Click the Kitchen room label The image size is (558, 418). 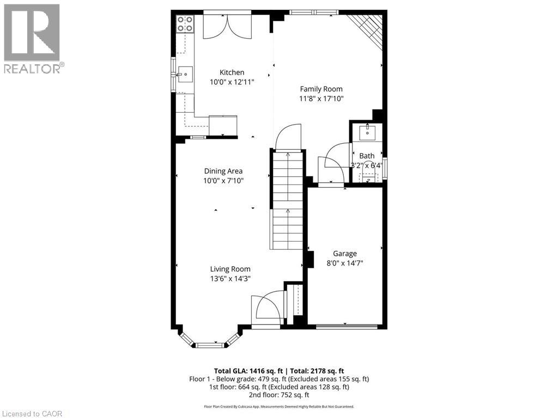click(x=232, y=72)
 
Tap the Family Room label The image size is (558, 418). click(x=322, y=89)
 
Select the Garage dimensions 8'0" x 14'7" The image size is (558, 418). click(x=345, y=262)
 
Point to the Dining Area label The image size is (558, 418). click(x=223, y=171)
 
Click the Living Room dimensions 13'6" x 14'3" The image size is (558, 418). click(x=231, y=278)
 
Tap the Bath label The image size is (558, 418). click(x=367, y=156)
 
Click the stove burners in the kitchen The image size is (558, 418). click(x=185, y=23)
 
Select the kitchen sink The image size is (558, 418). click(x=185, y=72)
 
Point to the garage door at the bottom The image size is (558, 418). click(x=347, y=327)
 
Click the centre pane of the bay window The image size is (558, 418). click(x=210, y=345)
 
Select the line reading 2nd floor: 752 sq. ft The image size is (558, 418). click(x=278, y=395)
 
